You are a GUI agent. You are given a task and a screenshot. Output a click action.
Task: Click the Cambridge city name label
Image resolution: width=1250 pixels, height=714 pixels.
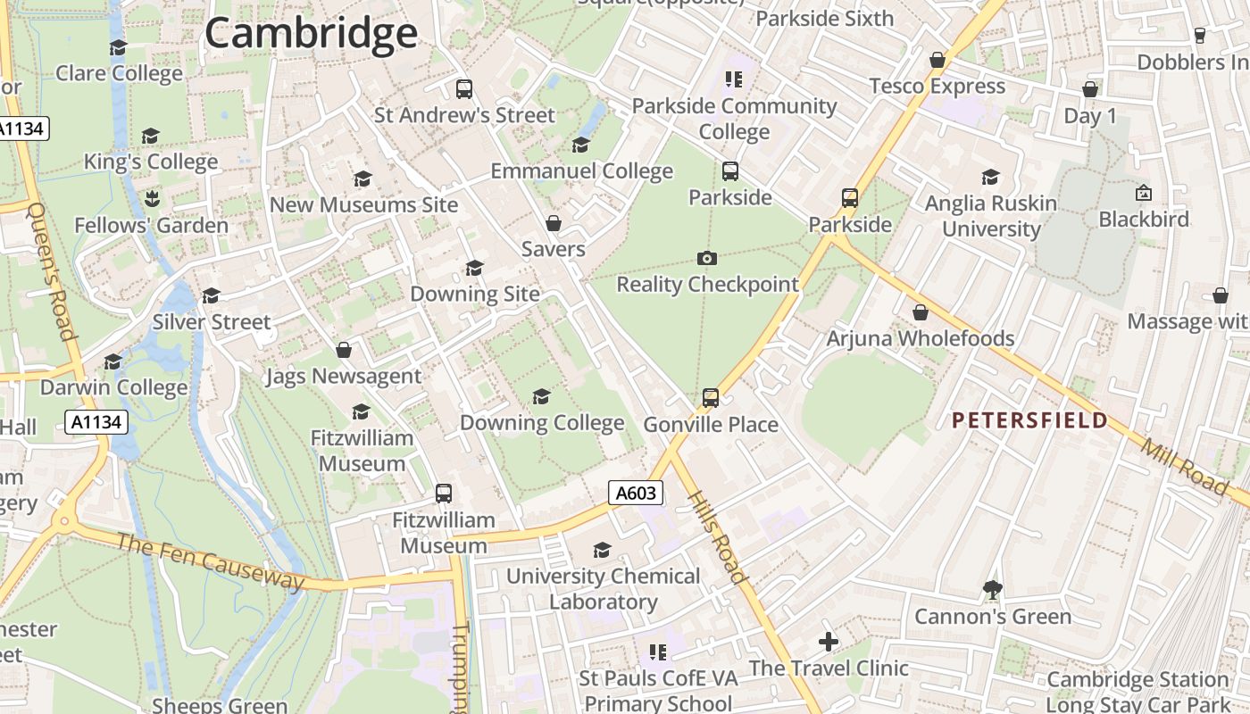point(311,34)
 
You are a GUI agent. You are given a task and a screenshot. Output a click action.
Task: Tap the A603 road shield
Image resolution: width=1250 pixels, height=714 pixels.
point(636,493)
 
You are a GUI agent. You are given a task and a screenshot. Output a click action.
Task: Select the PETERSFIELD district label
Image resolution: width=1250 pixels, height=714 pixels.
point(1029,420)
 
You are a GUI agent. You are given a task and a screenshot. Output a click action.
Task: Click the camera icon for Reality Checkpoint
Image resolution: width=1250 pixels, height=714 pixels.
point(706,259)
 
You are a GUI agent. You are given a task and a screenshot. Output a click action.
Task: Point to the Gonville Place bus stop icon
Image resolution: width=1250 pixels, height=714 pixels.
point(711,398)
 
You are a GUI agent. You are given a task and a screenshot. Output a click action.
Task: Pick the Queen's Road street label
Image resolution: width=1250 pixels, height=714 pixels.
point(52,271)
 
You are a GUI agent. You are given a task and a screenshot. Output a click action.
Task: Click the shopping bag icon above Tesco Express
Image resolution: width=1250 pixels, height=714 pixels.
point(937,60)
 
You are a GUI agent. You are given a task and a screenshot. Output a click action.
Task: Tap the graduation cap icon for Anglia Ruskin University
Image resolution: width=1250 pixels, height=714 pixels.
point(990,178)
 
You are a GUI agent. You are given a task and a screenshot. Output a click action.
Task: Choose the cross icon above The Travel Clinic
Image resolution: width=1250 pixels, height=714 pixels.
point(829,642)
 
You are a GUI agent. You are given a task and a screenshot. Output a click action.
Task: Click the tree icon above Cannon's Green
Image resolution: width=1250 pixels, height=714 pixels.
point(992,590)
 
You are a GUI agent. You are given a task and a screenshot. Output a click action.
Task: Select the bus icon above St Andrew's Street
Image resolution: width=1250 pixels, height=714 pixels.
point(464,88)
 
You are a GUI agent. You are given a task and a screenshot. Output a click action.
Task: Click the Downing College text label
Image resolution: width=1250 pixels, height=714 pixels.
point(542,423)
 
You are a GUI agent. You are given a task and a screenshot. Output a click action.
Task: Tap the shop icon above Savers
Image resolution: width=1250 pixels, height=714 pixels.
point(554,223)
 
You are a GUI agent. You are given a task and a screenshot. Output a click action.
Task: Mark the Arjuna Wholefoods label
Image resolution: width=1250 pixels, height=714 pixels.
point(920,339)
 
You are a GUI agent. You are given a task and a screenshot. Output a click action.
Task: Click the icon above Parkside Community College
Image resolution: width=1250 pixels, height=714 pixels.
point(734,79)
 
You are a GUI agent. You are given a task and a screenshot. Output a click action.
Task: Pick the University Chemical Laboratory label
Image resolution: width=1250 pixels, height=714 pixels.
point(604,589)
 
